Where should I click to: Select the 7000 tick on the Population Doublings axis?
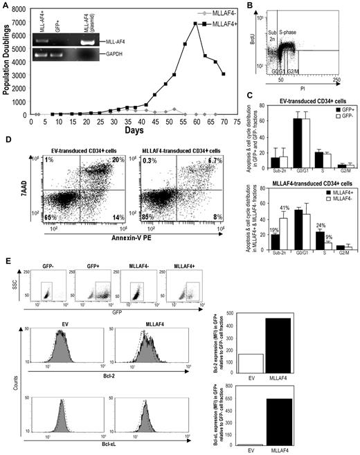[23, 23]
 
